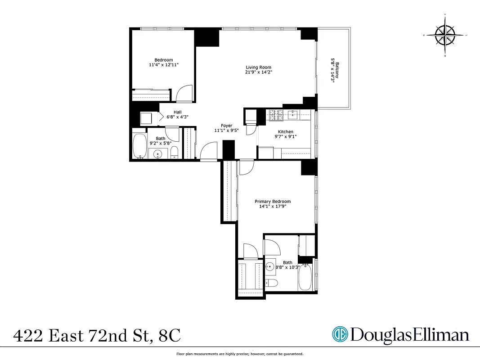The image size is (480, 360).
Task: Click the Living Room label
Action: point(258,67)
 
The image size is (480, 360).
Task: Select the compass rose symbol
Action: point(445,36)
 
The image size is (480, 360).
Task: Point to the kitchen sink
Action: point(293,115)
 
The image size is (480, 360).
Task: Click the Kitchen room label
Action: point(285,132)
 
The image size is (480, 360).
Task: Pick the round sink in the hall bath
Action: point(158,154)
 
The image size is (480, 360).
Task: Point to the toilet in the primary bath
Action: point(271,283)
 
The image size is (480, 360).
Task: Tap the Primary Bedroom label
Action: point(273,202)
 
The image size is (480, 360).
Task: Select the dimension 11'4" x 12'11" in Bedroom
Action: point(163,65)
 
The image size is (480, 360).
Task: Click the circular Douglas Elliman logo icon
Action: point(340,334)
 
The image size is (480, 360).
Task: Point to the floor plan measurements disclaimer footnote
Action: point(239,354)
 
